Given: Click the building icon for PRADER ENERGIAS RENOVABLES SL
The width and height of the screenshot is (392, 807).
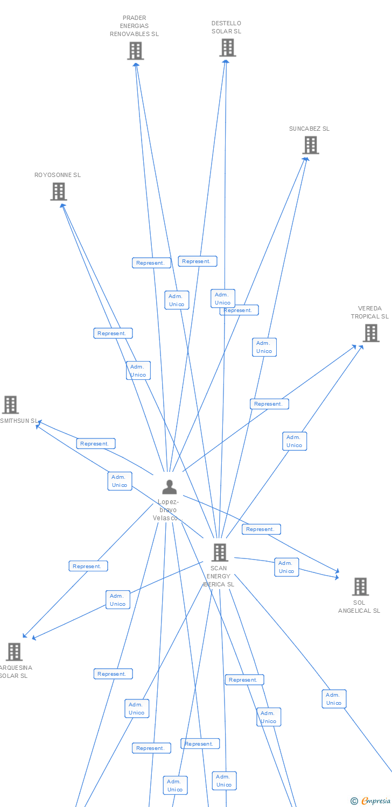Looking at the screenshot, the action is click(136, 51).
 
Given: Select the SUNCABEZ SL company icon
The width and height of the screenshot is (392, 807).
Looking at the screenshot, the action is click(310, 145).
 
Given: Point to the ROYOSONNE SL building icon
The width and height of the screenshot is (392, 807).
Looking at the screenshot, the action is click(59, 191).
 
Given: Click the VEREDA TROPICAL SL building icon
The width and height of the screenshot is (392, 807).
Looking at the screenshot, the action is click(370, 333).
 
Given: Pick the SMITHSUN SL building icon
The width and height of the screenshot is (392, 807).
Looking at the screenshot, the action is click(10, 405).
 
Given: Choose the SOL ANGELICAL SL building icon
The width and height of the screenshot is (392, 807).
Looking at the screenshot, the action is click(360, 586).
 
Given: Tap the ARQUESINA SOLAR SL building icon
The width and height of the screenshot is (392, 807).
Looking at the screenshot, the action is click(14, 652).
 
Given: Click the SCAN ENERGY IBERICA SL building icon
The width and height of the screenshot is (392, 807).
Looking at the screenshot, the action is click(219, 552).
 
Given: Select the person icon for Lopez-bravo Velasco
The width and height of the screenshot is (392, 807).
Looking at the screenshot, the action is click(169, 487).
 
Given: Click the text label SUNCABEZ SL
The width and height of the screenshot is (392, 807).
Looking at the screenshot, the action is click(309, 129).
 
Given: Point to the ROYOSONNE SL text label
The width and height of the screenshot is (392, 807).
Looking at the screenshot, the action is click(58, 175).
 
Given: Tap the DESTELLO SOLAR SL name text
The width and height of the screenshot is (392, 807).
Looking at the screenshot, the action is click(226, 27).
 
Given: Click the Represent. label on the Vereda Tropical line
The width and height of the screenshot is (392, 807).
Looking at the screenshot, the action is click(269, 403).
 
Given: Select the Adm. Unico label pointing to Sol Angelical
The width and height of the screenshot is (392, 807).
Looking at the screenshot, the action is click(286, 567).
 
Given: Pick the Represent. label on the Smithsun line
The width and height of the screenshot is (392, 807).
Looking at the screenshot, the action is click(96, 443).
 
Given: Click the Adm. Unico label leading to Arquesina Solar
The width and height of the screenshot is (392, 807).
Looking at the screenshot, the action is click(117, 599).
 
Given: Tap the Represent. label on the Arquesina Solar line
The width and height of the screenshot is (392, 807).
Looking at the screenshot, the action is click(88, 566).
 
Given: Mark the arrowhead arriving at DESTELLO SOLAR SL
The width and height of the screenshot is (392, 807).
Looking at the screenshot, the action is click(226, 61).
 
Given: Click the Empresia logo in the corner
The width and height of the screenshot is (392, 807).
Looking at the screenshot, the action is click(370, 801).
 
